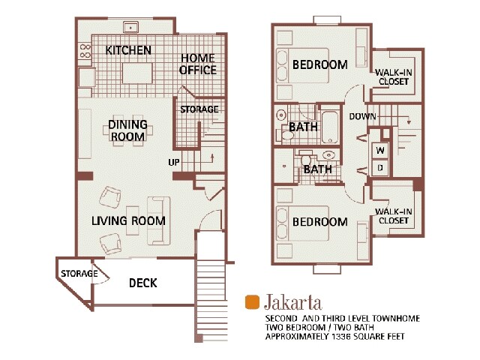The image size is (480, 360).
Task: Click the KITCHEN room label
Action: tap(128, 51)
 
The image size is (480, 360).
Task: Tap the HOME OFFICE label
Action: tap(197, 64)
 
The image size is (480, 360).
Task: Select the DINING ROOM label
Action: tap(127, 130)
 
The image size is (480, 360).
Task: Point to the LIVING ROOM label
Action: tap(128, 221)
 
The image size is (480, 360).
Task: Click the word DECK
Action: tap(142, 283)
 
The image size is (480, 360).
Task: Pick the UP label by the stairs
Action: tap(173, 163)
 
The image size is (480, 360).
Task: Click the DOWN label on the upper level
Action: tap(363, 116)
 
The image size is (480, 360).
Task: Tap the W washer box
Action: tap(380, 150)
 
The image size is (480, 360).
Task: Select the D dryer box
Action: tap(380, 168)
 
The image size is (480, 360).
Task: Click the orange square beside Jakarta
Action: tap(252, 302)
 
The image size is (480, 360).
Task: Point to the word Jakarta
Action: tap(293, 303)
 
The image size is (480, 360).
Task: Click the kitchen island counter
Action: tap(137, 72)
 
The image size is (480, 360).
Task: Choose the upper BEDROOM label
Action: tap(319, 64)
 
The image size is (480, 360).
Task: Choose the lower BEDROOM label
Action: tap(319, 222)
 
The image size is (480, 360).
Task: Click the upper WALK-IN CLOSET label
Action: tap(394, 76)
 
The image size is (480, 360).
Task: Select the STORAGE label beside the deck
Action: tap(79, 274)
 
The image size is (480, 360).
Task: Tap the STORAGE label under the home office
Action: tap(199, 109)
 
